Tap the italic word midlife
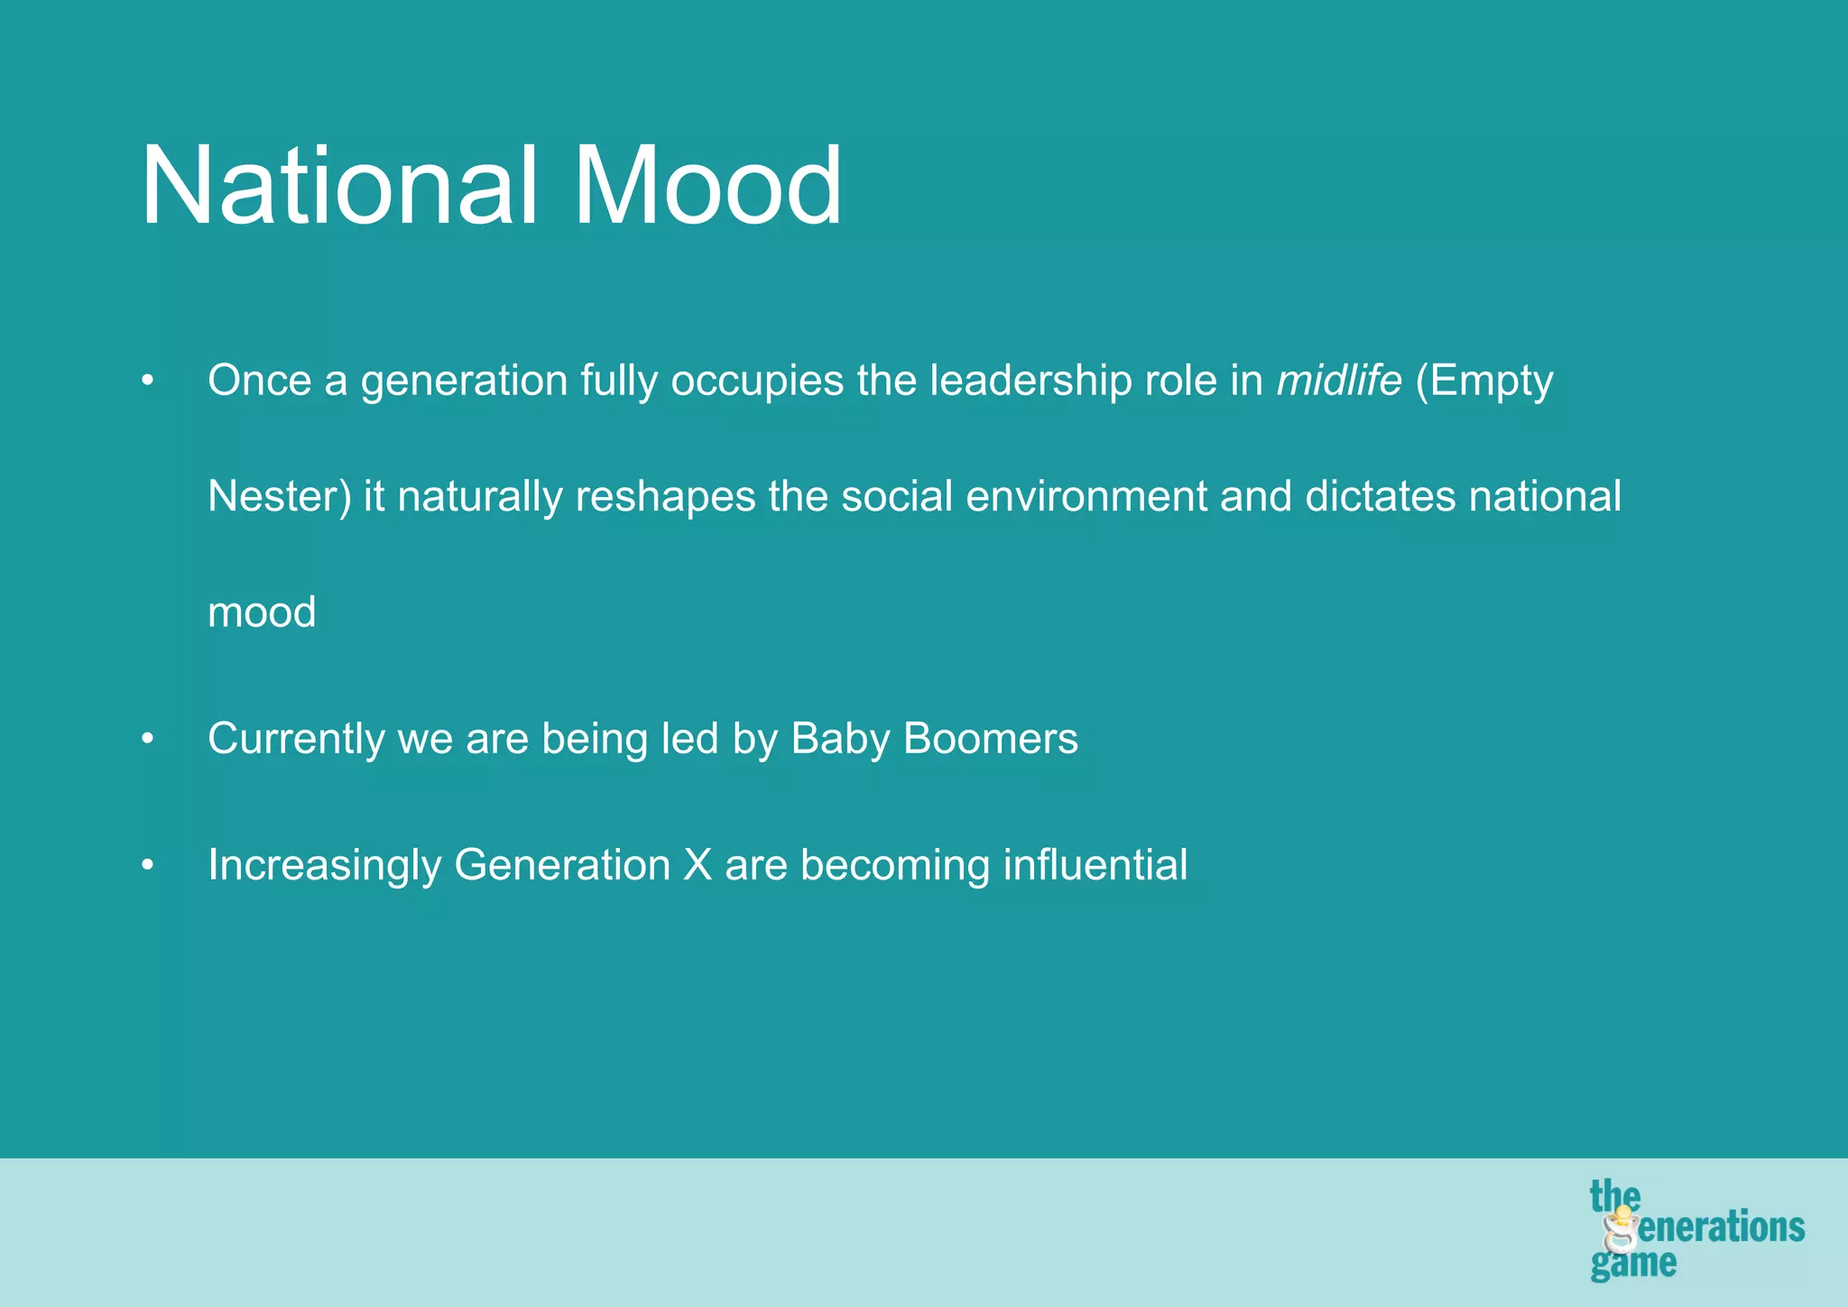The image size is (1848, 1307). pyautogui.click(x=1339, y=381)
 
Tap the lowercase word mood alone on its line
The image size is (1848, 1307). pyautogui.click(x=262, y=613)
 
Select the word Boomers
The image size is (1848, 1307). pyautogui.click(x=990, y=739)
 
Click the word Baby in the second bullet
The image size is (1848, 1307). pyautogui.click(x=840, y=740)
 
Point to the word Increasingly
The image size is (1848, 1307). pyautogui.click(x=324, y=866)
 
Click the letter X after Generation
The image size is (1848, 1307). pyautogui.click(x=698, y=865)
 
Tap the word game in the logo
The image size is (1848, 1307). pyautogui.click(x=1632, y=1264)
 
